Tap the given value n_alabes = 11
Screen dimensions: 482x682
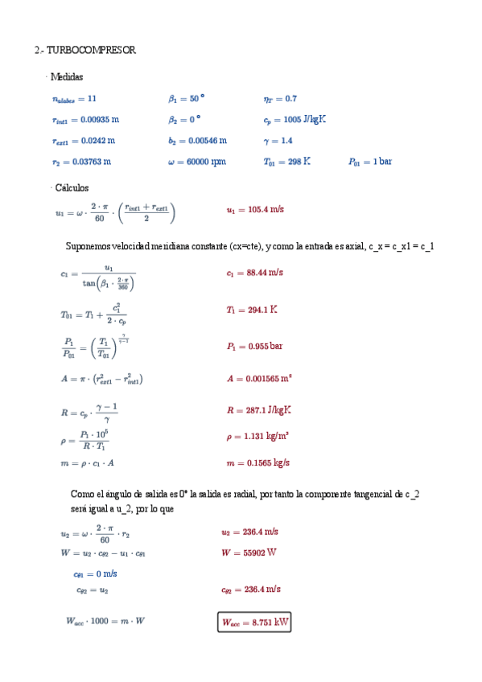click(x=74, y=99)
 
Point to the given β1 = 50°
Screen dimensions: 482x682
click(x=186, y=99)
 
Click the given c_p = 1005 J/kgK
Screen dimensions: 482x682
click(x=295, y=120)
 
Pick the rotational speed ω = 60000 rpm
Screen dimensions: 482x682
click(x=196, y=162)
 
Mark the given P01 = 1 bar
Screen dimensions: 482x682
click(x=369, y=162)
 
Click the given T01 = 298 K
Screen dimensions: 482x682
click(x=286, y=162)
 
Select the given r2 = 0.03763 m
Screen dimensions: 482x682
click(x=80, y=162)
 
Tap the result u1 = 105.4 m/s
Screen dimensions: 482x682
click(x=255, y=210)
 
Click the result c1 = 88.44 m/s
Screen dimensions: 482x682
click(x=255, y=273)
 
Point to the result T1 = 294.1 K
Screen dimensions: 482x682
click(x=252, y=310)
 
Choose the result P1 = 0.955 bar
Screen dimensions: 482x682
click(x=254, y=347)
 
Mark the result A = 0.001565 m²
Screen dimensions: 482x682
click(x=259, y=378)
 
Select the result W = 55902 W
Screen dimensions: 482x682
click(x=249, y=553)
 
